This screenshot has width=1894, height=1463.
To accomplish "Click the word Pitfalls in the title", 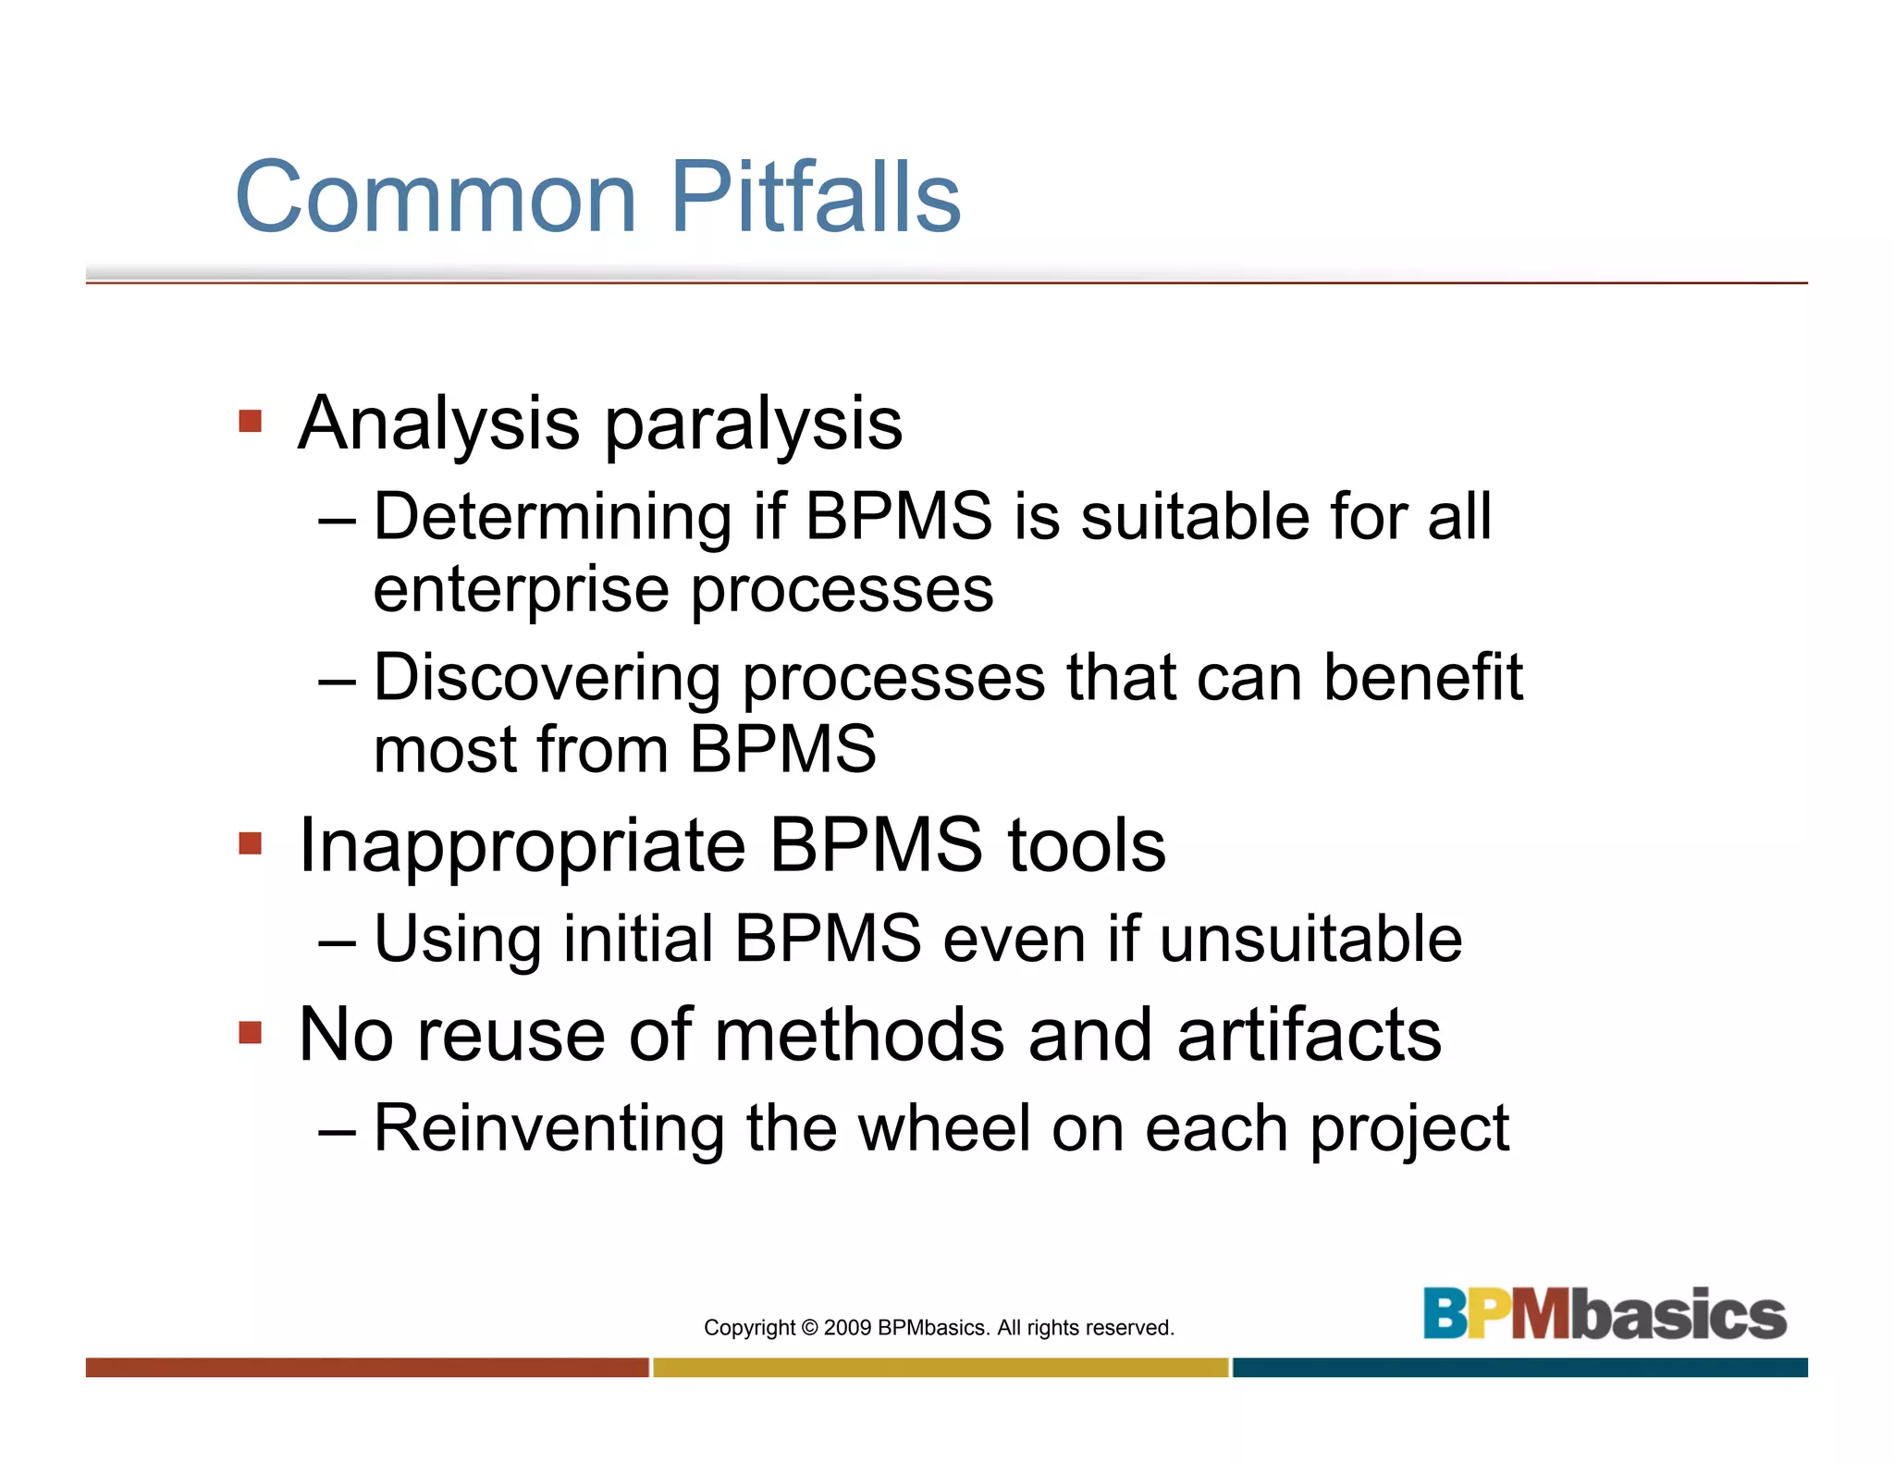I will tap(815, 197).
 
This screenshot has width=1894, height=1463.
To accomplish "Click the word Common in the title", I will tap(437, 197).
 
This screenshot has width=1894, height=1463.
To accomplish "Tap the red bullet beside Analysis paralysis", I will tap(251, 422).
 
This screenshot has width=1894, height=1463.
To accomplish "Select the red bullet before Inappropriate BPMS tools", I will tap(251, 843).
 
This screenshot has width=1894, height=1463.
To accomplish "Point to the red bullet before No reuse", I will tap(251, 1032).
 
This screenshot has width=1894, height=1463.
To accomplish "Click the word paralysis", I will tap(753, 425).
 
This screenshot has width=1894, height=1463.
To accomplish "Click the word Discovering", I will tap(547, 678).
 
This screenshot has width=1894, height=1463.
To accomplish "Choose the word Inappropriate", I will tap(522, 847).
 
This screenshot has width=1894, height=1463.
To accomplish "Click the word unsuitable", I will tap(1310, 940).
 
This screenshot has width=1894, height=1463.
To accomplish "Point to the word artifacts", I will tap(1309, 1035).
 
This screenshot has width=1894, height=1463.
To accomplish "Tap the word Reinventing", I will tap(548, 1129).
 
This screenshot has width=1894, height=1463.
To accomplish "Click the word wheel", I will tap(943, 1129).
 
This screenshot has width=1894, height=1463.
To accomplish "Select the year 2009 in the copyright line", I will tap(847, 1328).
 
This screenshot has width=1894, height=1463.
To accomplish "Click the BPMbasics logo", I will tap(1605, 1314).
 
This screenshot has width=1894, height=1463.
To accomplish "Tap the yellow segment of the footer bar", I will tap(941, 1368).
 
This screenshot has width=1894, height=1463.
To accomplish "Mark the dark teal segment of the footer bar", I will tap(1519, 1368).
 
